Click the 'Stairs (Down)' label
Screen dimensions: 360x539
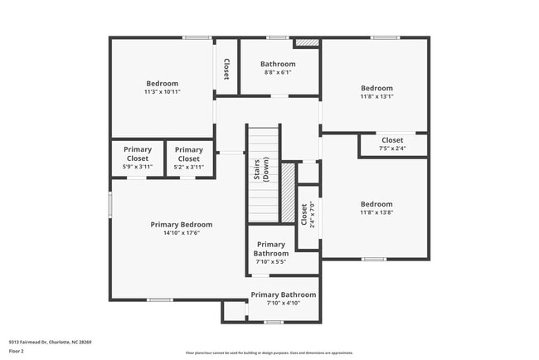tap(261, 171)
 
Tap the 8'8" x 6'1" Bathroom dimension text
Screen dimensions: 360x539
tap(278, 72)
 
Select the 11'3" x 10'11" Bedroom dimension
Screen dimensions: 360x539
tap(163, 91)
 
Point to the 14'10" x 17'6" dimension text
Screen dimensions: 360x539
tap(181, 233)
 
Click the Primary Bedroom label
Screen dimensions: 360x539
tap(181, 224)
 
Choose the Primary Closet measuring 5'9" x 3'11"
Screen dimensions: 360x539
tap(138, 158)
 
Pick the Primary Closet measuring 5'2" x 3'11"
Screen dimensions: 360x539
tap(189, 158)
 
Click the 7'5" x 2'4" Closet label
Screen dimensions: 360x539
tap(392, 144)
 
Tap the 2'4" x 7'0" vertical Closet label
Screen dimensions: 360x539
tap(308, 214)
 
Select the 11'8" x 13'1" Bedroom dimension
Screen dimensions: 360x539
tap(376, 96)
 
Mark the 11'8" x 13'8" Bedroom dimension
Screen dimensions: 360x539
tap(376, 212)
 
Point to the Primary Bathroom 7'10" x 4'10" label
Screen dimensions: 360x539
tap(283, 299)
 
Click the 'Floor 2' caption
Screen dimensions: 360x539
tap(17, 350)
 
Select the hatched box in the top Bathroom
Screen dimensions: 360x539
tap(308, 41)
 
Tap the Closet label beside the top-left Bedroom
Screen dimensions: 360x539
tap(227, 68)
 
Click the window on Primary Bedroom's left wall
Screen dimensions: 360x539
tap(109, 204)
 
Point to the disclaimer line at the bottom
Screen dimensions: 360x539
tap(269, 353)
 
